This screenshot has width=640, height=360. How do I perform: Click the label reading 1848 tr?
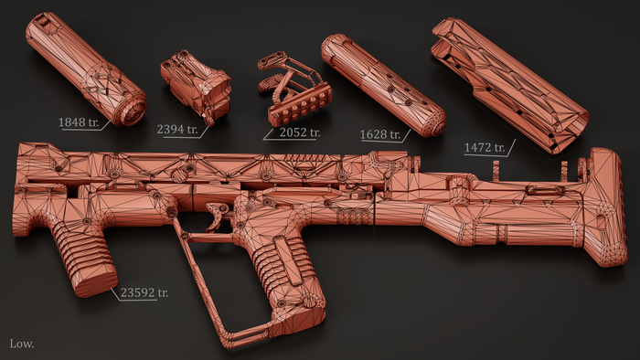[79, 122]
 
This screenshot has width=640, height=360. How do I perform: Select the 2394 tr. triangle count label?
[177, 129]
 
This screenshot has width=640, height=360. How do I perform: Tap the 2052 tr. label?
[300, 132]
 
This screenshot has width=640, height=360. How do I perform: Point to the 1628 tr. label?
[380, 134]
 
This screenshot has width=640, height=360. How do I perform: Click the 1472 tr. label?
[485, 147]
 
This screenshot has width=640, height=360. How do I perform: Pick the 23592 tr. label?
[144, 292]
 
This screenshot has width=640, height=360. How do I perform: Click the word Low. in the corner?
[22, 344]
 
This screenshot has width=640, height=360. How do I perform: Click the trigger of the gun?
[218, 216]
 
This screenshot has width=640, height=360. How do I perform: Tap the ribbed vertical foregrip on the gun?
[84, 258]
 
